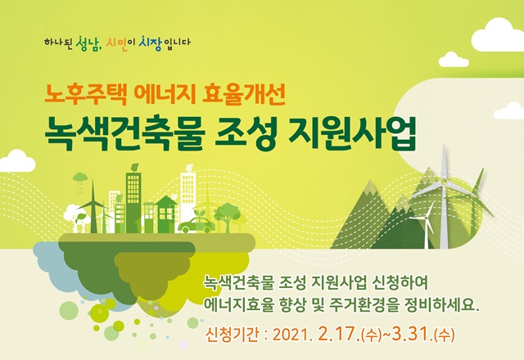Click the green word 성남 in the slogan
(88, 43)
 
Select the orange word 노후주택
(85, 95)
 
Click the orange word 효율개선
(244, 95)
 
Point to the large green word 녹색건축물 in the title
(125, 133)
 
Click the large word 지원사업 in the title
(353, 133)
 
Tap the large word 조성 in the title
(246, 133)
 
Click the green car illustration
(196, 224)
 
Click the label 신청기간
(233, 335)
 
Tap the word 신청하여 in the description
(400, 283)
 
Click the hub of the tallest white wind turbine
(444, 181)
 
